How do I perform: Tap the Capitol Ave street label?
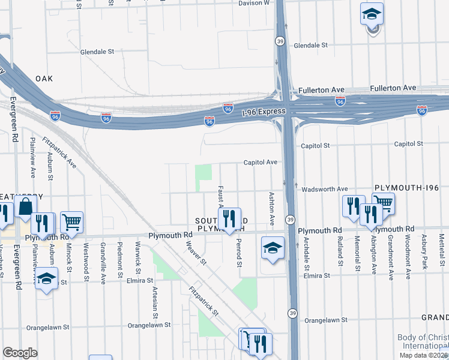(260, 162)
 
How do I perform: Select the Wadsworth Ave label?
(324, 189)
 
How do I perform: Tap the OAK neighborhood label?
(44, 79)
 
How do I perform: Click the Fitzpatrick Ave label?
(59, 153)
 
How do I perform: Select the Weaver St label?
(196, 252)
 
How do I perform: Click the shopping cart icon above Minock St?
(71, 222)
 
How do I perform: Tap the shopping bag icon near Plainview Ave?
(26, 207)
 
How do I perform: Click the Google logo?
(20, 353)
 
